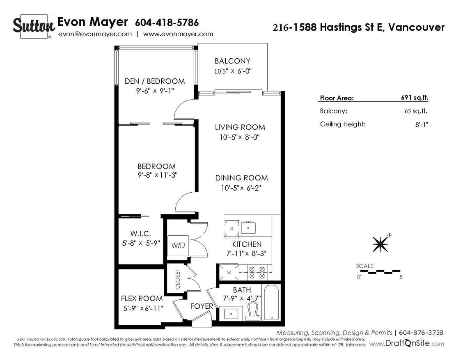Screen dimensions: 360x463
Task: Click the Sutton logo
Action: (x=34, y=26)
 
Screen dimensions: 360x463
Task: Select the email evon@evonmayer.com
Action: (x=95, y=34)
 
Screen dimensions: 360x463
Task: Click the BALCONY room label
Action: (x=232, y=61)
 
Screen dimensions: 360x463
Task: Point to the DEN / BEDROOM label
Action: (x=155, y=81)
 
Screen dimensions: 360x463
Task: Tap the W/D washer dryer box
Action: (x=177, y=246)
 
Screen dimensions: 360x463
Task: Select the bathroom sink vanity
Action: (x=231, y=314)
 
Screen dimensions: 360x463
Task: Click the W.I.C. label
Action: (x=137, y=233)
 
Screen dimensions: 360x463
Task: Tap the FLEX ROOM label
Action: (x=142, y=298)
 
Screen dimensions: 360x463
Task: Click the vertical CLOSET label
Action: (x=178, y=280)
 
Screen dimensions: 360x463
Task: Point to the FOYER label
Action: (x=202, y=306)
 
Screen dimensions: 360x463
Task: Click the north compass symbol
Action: (x=380, y=244)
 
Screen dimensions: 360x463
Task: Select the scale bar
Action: (x=383, y=271)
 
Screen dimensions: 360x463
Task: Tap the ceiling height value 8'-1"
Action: (x=421, y=124)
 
